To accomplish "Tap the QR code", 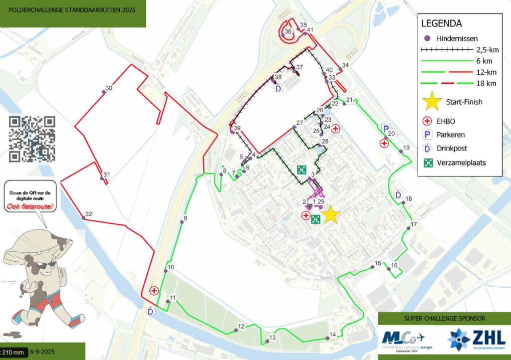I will point(32,139).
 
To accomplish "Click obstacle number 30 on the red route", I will point(104,91).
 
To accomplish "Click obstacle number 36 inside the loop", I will point(283,35).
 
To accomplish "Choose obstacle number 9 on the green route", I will point(182,222).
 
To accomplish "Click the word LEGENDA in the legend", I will point(441,23).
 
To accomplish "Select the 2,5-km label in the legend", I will point(487,50).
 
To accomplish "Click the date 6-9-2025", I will point(42,353).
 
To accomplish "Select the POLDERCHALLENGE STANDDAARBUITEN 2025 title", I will point(68,9).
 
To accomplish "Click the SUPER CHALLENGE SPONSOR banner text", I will point(444,318).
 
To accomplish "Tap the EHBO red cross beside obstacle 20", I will point(384,144).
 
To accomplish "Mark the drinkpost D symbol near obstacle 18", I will point(398,194).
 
